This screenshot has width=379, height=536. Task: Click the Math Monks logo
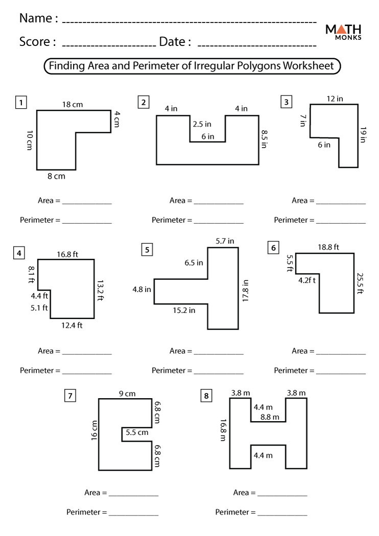[x=343, y=31]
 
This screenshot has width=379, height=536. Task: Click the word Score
[x=35, y=42]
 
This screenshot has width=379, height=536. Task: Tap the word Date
[x=172, y=42]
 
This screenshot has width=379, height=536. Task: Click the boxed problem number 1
[x=21, y=103]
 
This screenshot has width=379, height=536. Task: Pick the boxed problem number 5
[x=147, y=250]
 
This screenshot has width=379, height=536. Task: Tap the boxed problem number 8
[x=206, y=395]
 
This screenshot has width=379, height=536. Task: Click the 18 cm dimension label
[x=73, y=105]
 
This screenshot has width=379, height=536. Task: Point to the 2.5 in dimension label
[x=202, y=124]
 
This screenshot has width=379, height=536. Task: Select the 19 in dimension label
[x=363, y=134]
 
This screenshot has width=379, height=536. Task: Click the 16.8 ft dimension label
[x=67, y=254]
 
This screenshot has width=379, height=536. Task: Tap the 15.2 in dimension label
[x=183, y=310]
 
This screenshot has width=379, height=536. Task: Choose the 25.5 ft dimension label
[x=360, y=284]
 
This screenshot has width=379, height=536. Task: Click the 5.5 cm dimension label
[x=136, y=432]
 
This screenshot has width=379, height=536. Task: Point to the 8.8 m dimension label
[x=270, y=417]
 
